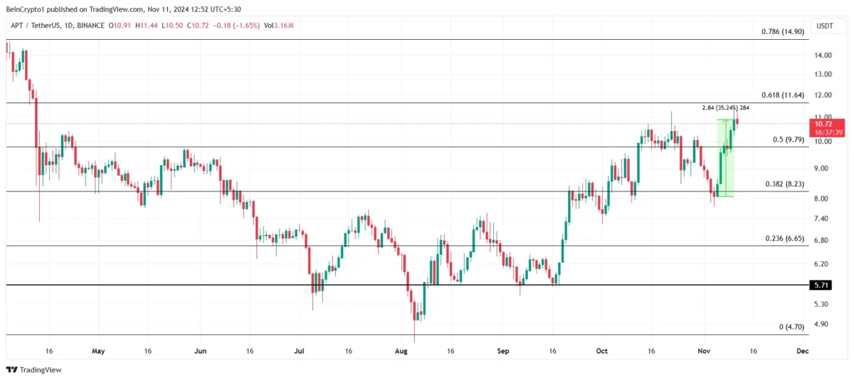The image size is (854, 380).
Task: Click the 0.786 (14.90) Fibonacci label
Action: (x=782, y=32)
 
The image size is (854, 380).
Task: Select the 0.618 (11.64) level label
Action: (x=782, y=95)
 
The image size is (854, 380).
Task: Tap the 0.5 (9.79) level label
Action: (x=788, y=139)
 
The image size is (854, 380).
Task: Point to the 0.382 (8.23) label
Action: (x=784, y=184)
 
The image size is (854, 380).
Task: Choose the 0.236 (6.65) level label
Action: (x=784, y=238)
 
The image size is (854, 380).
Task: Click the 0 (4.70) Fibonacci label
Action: (x=791, y=327)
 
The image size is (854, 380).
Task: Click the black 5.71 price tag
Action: (x=820, y=285)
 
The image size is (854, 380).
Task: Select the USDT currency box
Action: (x=825, y=26)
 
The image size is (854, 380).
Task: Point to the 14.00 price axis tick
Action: (x=823, y=56)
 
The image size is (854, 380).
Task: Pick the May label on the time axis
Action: (x=98, y=351)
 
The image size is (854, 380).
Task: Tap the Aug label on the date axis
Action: (x=401, y=351)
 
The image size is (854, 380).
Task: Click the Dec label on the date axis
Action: (x=803, y=351)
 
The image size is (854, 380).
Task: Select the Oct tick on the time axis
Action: (x=602, y=351)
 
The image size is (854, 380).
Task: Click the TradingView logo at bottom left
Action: (x=33, y=369)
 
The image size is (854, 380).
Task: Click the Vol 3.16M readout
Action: (x=279, y=26)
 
